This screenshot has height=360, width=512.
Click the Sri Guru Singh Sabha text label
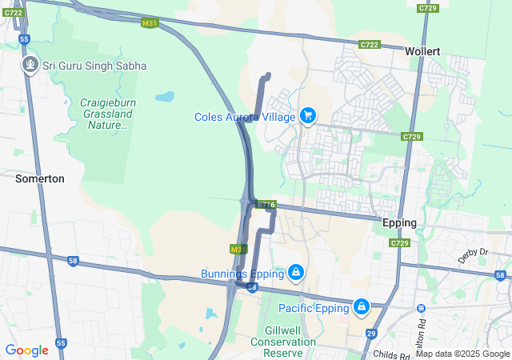click(94, 66)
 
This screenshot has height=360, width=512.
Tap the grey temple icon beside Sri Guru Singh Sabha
click(30, 63)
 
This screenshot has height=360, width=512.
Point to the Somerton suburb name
click(40, 179)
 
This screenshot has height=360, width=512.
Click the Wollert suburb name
click(423, 50)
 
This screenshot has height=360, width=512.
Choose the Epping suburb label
click(399, 222)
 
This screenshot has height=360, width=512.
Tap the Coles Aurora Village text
click(246, 117)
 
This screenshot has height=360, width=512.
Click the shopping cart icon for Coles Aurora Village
click(307, 116)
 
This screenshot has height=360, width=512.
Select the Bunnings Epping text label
click(242, 274)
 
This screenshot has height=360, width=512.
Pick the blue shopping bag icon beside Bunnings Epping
click(296, 273)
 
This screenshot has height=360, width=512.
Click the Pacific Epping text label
click(314, 308)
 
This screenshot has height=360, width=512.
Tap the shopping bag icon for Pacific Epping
click(362, 306)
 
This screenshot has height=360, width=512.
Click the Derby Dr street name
click(473, 252)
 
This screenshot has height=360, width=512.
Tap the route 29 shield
click(371, 334)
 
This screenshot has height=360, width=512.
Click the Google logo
click(26, 350)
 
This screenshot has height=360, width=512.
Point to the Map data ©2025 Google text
click(462, 354)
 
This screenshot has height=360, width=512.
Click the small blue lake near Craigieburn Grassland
click(164, 97)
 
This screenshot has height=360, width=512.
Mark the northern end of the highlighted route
click(267, 75)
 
